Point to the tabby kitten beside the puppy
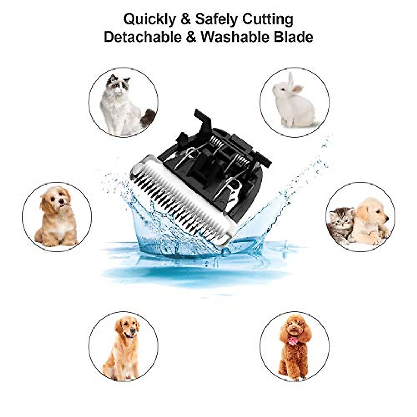[341, 224]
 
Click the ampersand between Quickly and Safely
[186, 20]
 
